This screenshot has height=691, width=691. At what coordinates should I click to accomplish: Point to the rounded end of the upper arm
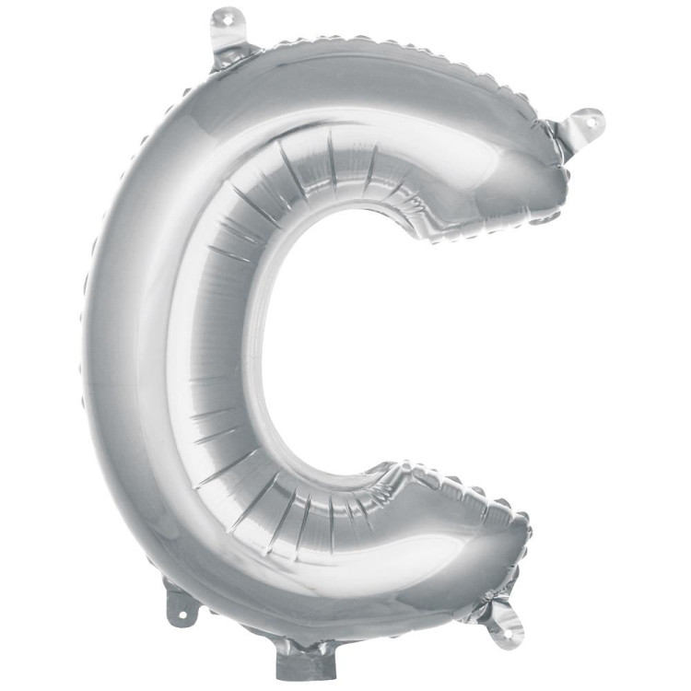coord(544,175)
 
